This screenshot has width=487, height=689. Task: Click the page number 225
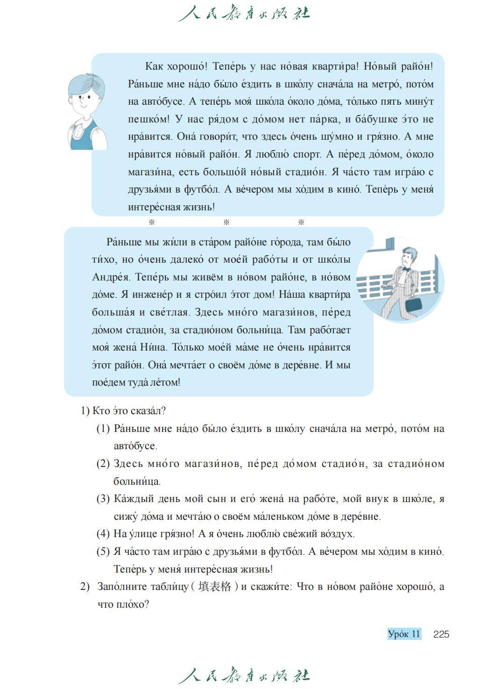click(x=441, y=634)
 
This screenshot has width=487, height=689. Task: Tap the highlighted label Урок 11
click(x=404, y=634)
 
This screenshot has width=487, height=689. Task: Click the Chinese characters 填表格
click(x=214, y=587)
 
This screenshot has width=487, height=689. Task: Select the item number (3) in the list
click(x=103, y=499)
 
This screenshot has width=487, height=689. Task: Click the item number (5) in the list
click(x=103, y=552)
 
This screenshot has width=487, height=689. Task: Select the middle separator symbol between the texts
click(x=226, y=222)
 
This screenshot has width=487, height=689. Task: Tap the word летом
click(x=165, y=382)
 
